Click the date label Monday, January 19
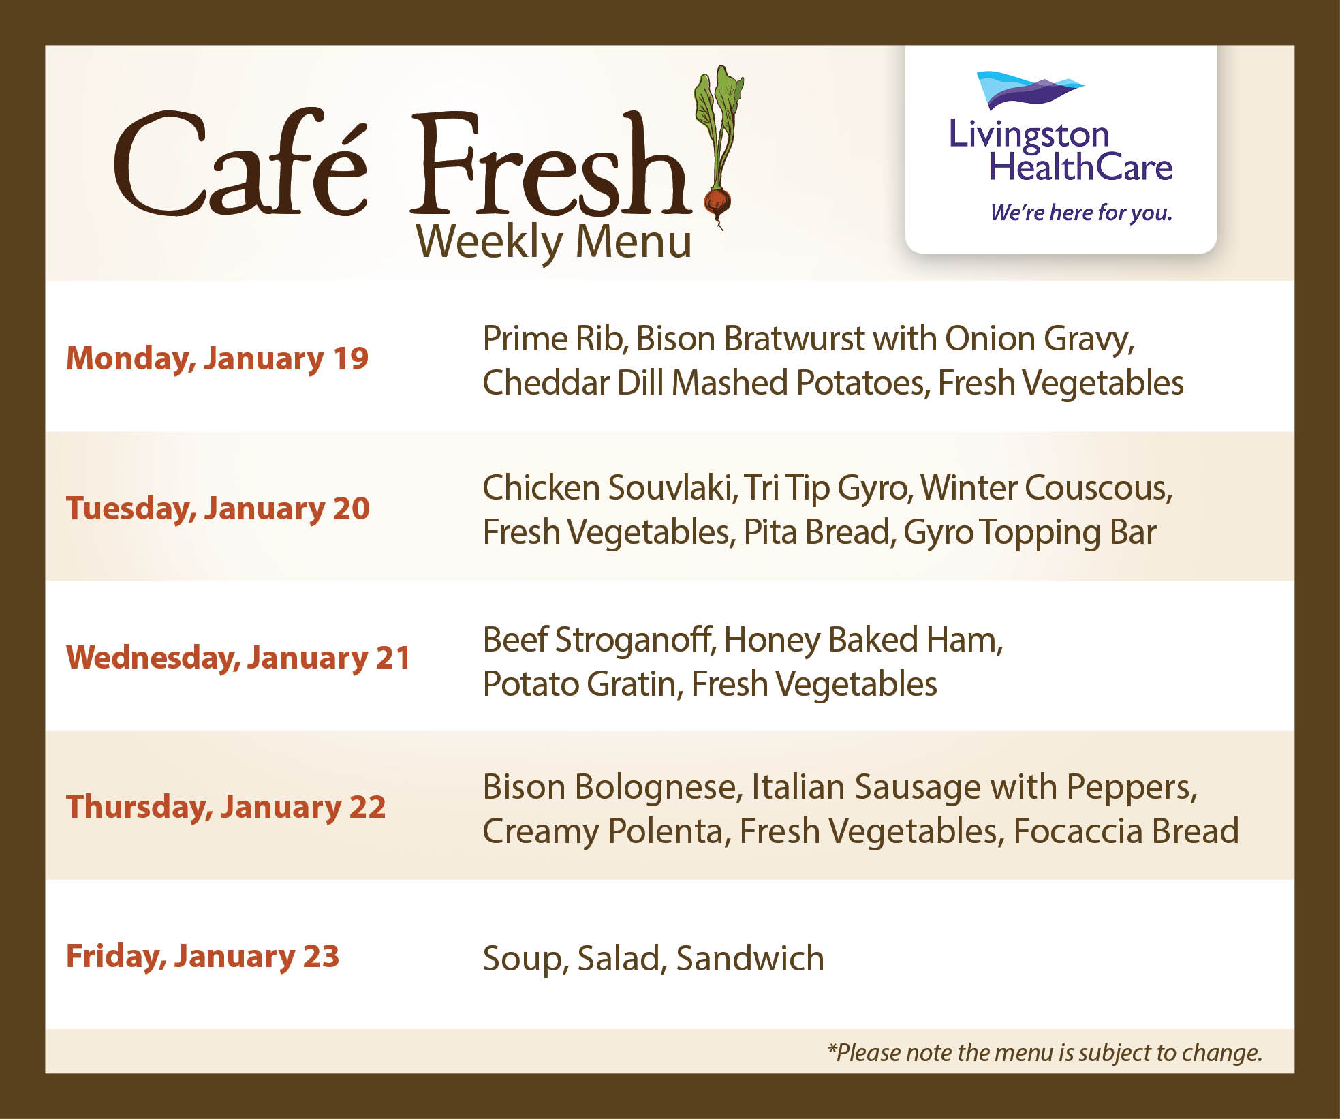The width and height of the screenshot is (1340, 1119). [x=217, y=359]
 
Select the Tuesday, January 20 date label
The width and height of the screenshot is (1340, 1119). [x=217, y=508]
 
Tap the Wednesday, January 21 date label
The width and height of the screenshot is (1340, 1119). [x=238, y=658]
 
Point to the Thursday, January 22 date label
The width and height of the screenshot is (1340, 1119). [x=225, y=807]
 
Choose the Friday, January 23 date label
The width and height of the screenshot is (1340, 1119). [x=202, y=956]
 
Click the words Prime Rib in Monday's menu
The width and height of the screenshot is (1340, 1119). [x=554, y=339]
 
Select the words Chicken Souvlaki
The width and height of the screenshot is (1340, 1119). [x=608, y=488]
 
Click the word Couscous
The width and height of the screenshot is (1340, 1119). [x=1097, y=488]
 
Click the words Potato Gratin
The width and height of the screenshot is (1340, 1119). [x=581, y=684]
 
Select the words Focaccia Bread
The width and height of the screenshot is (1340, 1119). [x=1125, y=831]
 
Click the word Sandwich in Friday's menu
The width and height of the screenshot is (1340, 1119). [x=750, y=958]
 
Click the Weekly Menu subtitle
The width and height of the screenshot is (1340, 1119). [x=554, y=242]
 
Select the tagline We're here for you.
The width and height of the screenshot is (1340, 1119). [x=1081, y=213]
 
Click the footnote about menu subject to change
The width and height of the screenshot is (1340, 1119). [x=1045, y=1053]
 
